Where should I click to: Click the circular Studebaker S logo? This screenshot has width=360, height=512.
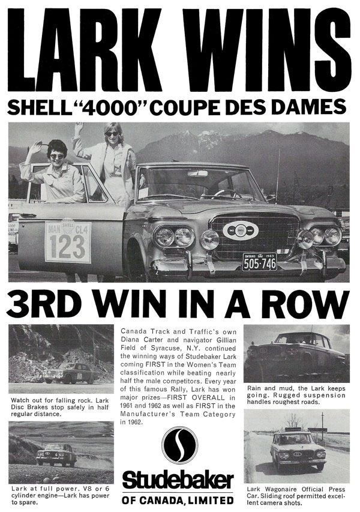pos(179,445)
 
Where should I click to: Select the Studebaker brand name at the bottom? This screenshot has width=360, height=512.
pos(179,481)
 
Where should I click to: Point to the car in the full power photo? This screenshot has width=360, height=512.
pos(58,455)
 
